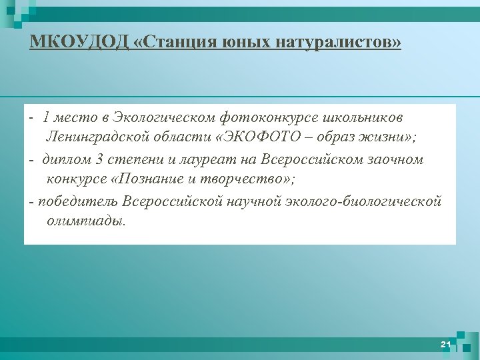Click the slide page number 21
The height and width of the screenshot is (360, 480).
[x=446, y=344]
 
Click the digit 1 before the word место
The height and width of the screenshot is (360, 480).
[x=45, y=118]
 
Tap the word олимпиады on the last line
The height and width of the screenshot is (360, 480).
[x=85, y=221]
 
